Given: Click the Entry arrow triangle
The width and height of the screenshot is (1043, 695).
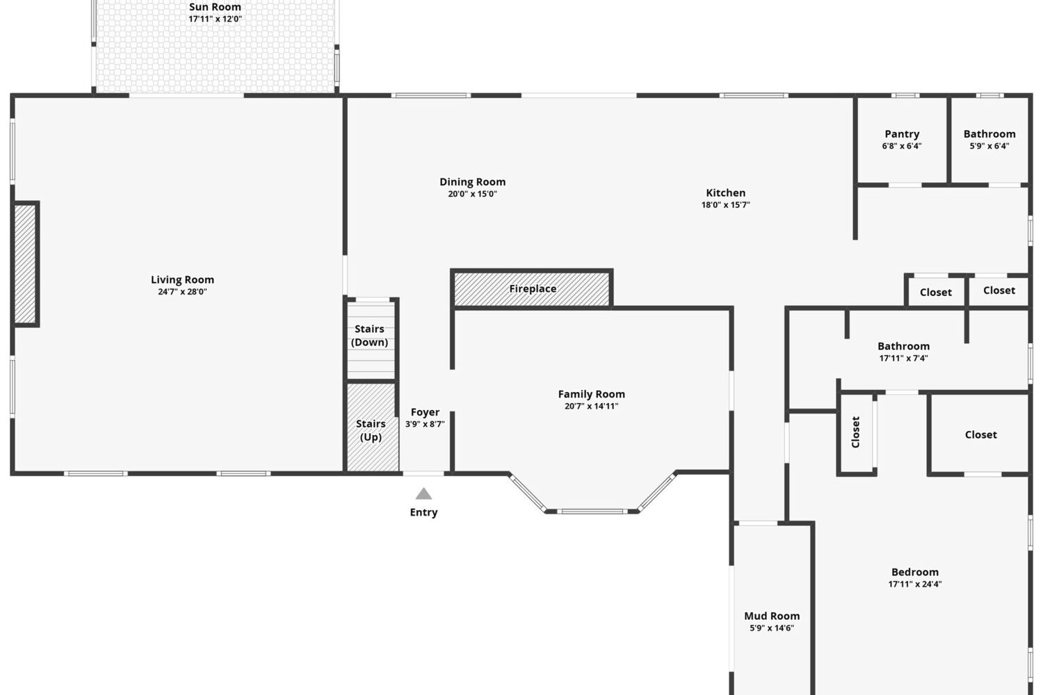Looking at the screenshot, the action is [x=423, y=493].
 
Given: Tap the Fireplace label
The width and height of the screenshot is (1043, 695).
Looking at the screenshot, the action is [x=533, y=288].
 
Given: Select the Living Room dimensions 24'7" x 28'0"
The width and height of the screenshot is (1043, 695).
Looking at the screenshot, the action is [x=182, y=292].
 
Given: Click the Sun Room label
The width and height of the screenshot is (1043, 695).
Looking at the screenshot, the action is [x=215, y=7].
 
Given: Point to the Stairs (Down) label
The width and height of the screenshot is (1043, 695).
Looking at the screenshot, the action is [x=370, y=336].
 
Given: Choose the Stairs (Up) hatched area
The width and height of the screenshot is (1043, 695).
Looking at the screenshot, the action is [x=373, y=427].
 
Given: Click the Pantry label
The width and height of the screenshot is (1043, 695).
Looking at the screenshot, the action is [x=902, y=134].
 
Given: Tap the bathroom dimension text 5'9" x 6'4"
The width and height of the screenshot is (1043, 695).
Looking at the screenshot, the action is [x=989, y=146].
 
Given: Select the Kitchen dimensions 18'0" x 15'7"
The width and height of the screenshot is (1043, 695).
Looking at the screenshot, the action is [x=725, y=205].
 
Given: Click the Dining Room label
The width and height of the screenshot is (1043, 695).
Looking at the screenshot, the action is [x=473, y=182].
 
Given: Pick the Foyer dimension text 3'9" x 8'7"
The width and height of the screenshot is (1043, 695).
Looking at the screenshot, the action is [x=425, y=424].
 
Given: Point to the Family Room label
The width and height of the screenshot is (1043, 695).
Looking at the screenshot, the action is [x=591, y=394].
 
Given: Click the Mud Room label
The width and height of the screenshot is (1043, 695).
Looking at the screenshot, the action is [x=772, y=616].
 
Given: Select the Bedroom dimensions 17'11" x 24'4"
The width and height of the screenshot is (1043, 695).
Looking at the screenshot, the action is [x=915, y=584].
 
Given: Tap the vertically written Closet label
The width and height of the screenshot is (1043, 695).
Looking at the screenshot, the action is [x=855, y=432].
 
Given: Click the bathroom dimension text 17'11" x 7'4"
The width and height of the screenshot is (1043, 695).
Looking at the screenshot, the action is [x=903, y=359].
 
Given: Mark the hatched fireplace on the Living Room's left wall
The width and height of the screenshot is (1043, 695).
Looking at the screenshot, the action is [x=25, y=264].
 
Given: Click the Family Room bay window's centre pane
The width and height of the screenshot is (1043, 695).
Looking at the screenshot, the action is [x=592, y=511].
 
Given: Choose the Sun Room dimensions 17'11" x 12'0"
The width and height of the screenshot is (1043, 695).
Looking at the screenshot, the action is [x=215, y=19].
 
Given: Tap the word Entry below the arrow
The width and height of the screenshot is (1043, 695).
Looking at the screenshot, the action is [x=423, y=512].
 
